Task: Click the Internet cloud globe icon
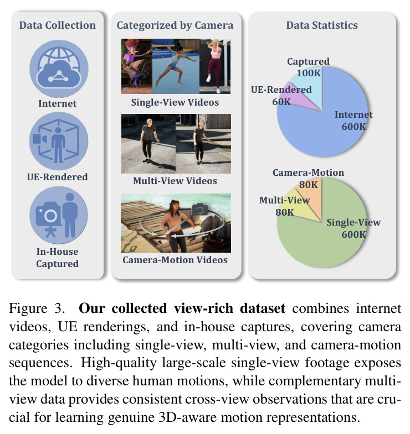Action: coord(59,69)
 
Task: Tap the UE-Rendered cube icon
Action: coord(59,141)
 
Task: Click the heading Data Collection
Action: coord(58,25)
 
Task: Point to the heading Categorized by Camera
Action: coord(175,25)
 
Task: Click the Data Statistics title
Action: coord(322,25)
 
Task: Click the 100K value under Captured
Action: coord(309,73)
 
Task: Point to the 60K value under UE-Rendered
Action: coord(281,102)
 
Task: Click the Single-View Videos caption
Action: coord(175,102)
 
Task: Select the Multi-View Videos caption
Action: coord(175,181)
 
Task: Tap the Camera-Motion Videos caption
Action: coord(175,260)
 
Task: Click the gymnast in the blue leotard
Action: coord(176,65)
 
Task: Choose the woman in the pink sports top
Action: coord(215,65)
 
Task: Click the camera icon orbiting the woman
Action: coord(199,209)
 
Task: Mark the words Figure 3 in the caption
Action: coord(37,308)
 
